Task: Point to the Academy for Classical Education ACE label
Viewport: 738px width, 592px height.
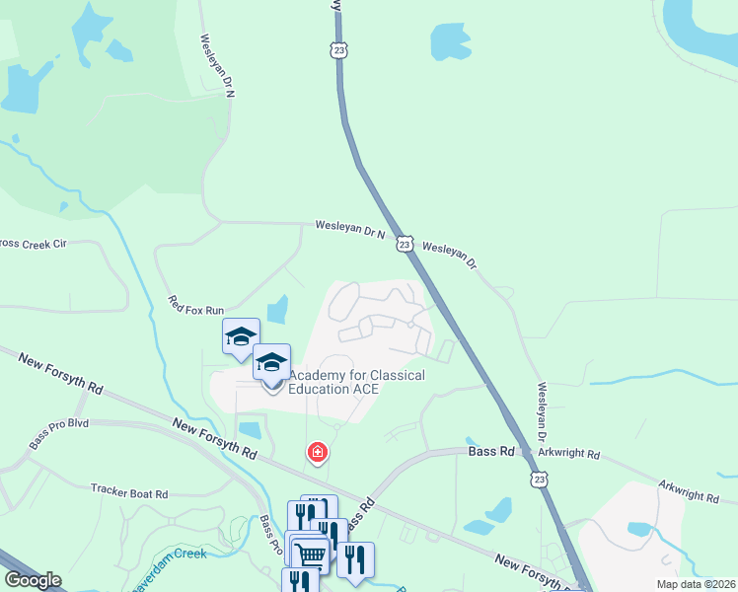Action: [x=356, y=382]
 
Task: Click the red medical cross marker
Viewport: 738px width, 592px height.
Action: [x=318, y=453]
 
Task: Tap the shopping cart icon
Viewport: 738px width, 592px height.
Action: [x=311, y=554]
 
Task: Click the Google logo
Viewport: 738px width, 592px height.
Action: [x=32, y=580]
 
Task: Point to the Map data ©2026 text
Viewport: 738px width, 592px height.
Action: [x=697, y=584]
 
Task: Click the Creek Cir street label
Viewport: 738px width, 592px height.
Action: [x=32, y=243]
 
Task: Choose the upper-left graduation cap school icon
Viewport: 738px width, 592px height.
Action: [x=241, y=335]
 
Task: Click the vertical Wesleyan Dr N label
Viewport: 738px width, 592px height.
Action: [x=216, y=66]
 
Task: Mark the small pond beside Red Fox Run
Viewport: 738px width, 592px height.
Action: [x=278, y=310]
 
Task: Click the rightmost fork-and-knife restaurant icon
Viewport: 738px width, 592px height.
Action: [x=355, y=558]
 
